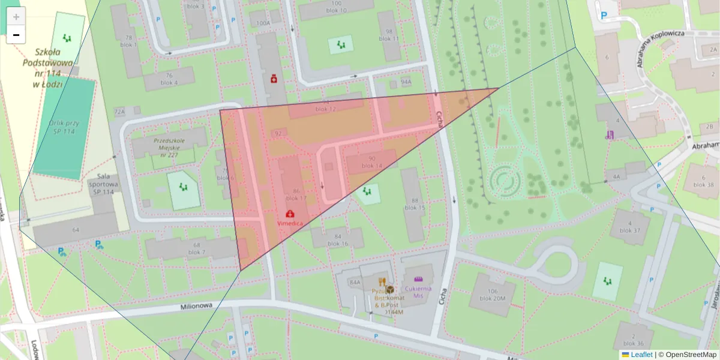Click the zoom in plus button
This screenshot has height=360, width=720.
(x=16, y=17)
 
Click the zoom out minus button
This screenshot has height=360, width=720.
(x=16, y=35)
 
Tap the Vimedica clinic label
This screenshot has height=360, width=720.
(x=290, y=223)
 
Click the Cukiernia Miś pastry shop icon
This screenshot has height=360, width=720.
(x=419, y=279)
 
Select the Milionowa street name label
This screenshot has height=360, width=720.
(x=197, y=306)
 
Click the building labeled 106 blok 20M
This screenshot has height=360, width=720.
(x=493, y=295)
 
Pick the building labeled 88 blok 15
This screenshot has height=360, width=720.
(x=414, y=204)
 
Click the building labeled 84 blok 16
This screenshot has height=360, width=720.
(x=338, y=239)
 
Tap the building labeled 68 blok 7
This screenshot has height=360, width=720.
(x=196, y=248)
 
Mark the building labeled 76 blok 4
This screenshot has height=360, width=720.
(x=169, y=79)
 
